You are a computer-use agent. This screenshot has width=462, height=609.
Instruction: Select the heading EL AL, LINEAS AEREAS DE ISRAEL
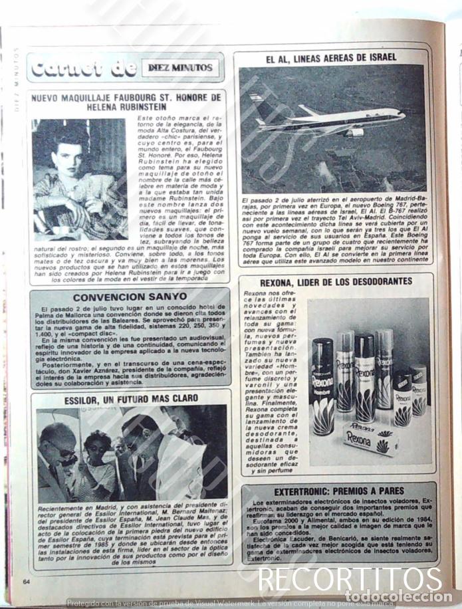pyautogui.click(x=331, y=58)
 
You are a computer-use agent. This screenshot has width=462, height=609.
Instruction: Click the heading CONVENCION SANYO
pyautogui.click(x=130, y=297)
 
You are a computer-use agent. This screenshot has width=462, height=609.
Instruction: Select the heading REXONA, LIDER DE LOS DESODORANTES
pyautogui.click(x=336, y=281)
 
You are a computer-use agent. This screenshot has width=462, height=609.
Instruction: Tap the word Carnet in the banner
pyautogui.click(x=62, y=68)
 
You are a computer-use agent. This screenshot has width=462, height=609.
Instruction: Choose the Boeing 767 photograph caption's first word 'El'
pyautogui.click(x=246, y=200)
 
